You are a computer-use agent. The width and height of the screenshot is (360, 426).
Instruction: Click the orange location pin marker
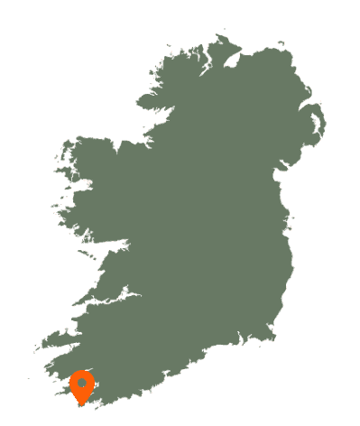coord(82,386)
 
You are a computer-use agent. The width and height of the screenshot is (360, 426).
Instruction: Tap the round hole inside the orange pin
coord(82,384)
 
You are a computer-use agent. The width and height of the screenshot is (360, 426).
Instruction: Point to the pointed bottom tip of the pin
coord(82,403)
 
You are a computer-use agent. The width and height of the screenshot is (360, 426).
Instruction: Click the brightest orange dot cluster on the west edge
coord(89,183)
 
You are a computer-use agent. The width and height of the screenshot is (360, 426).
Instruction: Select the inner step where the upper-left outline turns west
coord(144,135)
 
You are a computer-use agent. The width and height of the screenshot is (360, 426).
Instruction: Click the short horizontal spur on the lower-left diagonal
coord(114,298)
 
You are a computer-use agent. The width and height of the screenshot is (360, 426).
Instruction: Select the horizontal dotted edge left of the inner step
coord(104,137)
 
